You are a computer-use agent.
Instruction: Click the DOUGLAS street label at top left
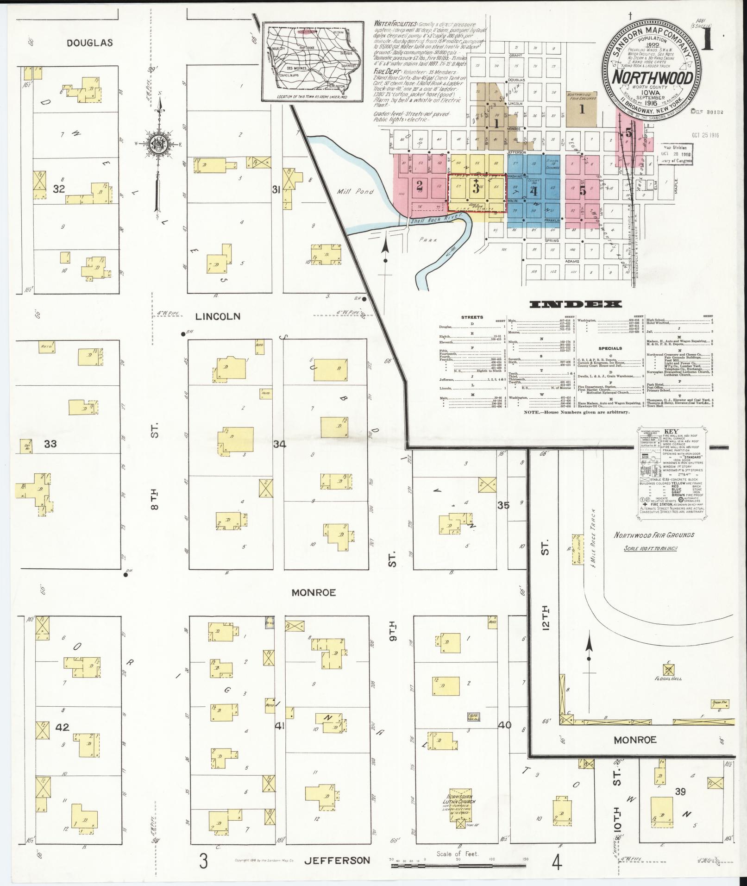[89, 43]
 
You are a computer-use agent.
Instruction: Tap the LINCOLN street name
[218, 316]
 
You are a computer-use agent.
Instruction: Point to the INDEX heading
[575, 304]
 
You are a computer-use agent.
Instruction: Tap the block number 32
[59, 189]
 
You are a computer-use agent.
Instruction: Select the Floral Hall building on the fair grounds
[667, 670]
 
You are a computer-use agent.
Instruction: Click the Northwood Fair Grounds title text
[654, 535]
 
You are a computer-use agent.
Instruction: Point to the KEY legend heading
[671, 431]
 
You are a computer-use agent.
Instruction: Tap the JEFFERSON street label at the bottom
[337, 861]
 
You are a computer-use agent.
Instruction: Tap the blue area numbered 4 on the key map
[534, 191]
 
